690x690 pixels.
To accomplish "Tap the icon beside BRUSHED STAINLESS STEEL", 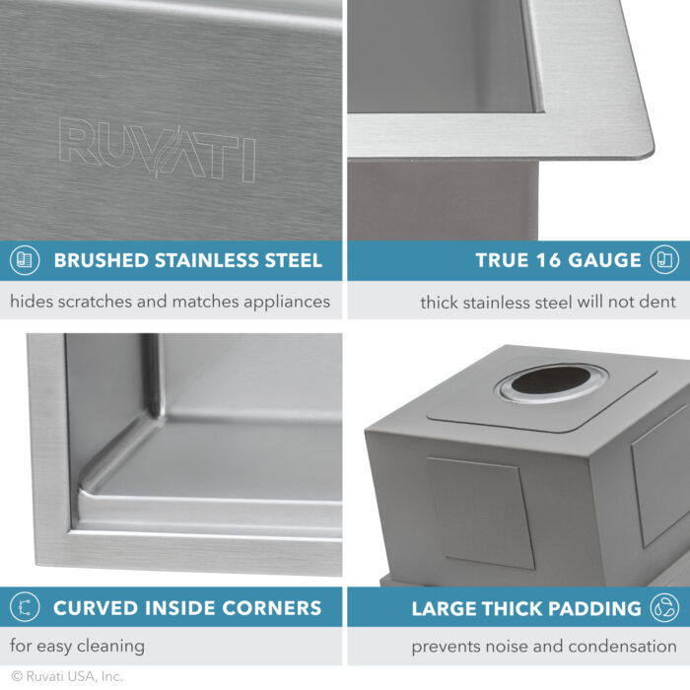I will pyautogui.click(x=24, y=260).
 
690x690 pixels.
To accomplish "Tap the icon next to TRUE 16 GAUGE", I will pyautogui.click(x=663, y=260).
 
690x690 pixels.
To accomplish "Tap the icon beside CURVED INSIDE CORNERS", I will pyautogui.click(x=24, y=606).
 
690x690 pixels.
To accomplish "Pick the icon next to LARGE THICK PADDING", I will pyautogui.click(x=663, y=606).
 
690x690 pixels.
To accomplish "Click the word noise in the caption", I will pyautogui.click(x=510, y=648).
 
